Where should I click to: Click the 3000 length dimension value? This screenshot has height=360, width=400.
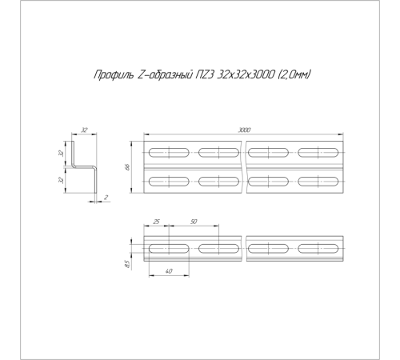tap(244, 130)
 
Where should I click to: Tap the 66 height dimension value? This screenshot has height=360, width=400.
tap(127, 167)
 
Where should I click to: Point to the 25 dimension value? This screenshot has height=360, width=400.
tap(157, 222)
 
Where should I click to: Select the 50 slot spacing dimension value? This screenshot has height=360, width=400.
tap(194, 222)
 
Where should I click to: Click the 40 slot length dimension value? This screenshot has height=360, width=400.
tap(169, 271)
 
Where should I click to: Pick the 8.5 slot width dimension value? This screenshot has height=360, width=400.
tap(127, 265)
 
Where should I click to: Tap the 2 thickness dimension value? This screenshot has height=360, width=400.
tap(106, 198)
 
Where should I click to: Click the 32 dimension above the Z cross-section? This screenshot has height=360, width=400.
tap(84, 130)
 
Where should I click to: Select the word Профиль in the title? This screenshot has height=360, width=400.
tap(114, 75)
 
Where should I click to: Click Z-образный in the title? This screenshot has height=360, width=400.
tap(166, 74)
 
